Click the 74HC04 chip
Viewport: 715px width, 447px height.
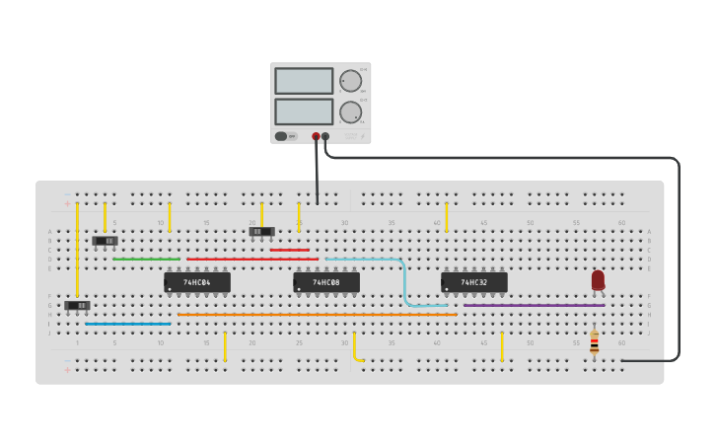(197, 282)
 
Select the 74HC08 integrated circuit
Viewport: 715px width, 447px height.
(326, 282)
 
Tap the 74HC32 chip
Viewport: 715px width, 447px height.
(474, 282)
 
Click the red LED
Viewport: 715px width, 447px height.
(598, 280)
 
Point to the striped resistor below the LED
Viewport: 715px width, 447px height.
(594, 343)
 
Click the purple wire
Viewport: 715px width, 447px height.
(533, 305)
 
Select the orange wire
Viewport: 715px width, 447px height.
(316, 315)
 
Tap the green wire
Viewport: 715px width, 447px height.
(146, 260)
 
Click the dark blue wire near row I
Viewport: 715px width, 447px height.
(128, 324)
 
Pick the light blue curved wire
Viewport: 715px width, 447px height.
(403, 281)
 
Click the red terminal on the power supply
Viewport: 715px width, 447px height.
(316, 137)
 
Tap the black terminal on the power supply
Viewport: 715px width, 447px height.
(325, 137)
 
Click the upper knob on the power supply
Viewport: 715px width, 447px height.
(350, 81)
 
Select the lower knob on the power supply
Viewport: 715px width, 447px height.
(350, 112)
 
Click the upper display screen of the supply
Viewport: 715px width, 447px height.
(304, 81)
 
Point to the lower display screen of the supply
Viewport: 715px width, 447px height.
(304, 112)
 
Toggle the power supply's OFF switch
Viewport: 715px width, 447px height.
(282, 136)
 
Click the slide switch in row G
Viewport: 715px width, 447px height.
(77, 305)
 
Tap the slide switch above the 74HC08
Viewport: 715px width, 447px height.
(261, 232)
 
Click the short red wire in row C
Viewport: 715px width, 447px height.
(289, 250)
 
